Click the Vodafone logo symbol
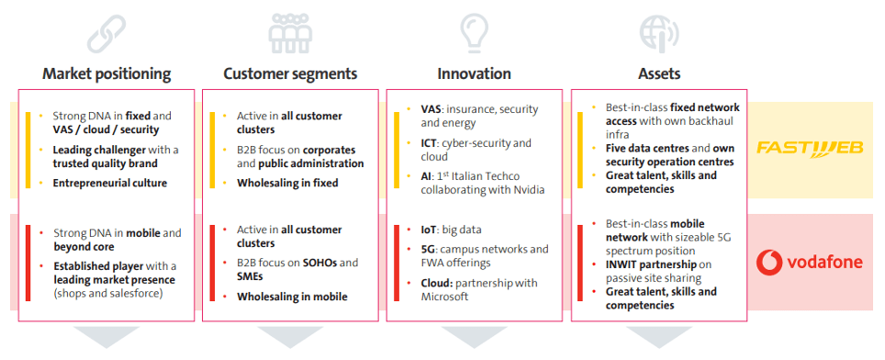(768, 263)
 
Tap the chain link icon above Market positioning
(106, 33)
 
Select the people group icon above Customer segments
(290, 33)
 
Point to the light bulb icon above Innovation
(474, 33)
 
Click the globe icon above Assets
(658, 33)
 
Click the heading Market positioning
(106, 73)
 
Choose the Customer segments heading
(290, 73)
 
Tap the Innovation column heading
(474, 73)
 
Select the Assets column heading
(659, 73)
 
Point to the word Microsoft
(444, 297)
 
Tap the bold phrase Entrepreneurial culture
(110, 183)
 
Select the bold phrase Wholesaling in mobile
(292, 297)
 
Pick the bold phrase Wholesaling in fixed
(287, 183)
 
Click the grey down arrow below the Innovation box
(474, 336)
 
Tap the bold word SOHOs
(321, 263)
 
